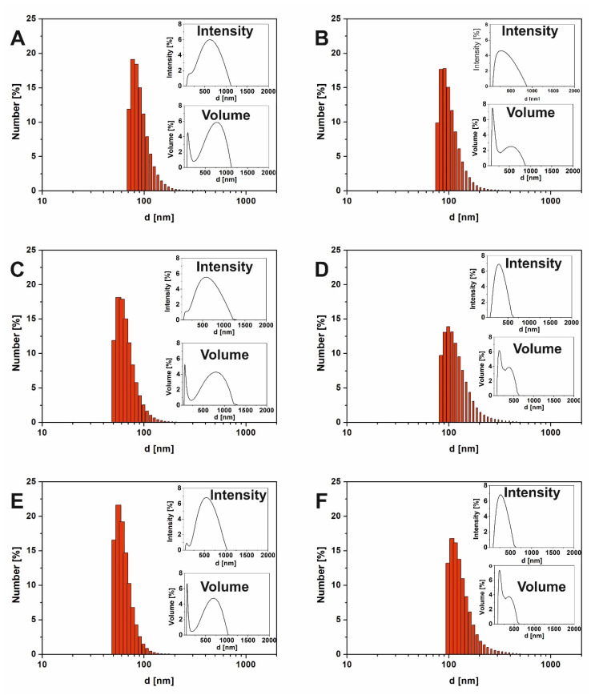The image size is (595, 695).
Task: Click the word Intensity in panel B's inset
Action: click(x=529, y=31)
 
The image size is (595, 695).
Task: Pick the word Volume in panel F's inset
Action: click(x=540, y=586)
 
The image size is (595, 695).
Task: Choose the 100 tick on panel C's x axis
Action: click(x=143, y=432)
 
